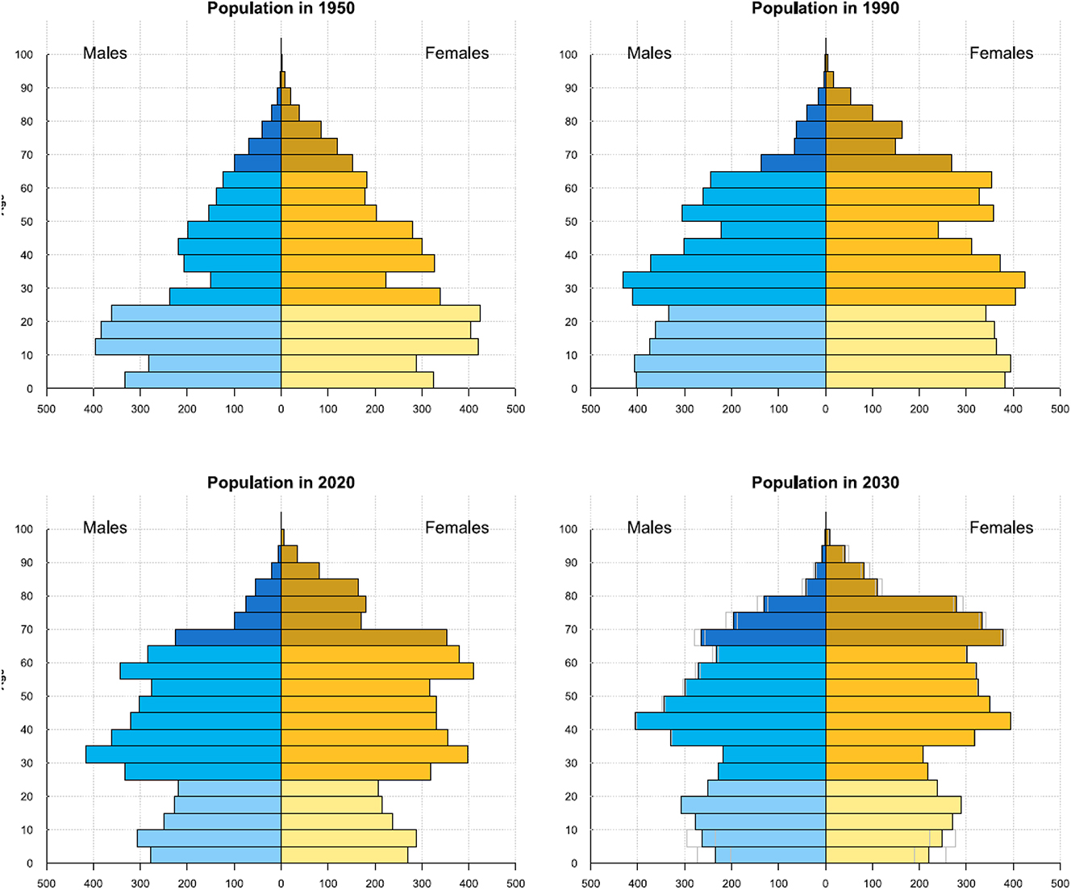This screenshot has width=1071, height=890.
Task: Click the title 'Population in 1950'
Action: [x=281, y=9]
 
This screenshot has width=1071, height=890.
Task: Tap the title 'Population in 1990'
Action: [x=825, y=9]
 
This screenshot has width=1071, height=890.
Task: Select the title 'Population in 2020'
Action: [x=281, y=483]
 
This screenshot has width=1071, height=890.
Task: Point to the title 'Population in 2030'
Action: [x=825, y=483]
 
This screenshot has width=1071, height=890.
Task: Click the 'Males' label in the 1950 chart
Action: [x=105, y=53]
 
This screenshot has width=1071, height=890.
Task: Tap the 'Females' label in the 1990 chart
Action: [x=1001, y=53]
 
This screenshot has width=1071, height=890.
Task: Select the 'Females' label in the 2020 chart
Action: [x=456, y=528]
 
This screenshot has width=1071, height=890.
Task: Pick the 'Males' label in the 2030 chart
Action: [x=649, y=528]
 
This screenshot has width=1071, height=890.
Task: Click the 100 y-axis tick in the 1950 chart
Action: [x=24, y=55]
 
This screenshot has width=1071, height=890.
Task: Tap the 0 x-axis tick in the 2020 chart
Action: [x=281, y=884]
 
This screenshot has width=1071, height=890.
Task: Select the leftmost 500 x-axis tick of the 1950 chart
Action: [x=46, y=409]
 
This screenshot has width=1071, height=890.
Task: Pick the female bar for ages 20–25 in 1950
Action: [x=380, y=313]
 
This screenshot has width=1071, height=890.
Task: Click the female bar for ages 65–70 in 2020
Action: [x=364, y=637]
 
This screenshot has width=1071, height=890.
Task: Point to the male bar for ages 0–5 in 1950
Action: [x=202, y=380]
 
